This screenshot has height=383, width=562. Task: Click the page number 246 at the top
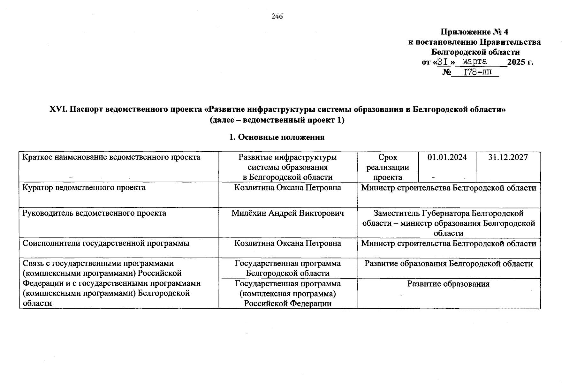tap(277, 17)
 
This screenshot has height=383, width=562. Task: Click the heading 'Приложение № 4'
tap(474, 32)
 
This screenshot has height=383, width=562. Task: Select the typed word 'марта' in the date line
tap(475, 61)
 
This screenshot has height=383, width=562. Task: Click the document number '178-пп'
tap(477, 72)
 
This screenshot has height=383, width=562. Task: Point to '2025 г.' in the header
tap(520, 62)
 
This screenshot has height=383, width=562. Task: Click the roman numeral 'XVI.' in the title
tap(58, 109)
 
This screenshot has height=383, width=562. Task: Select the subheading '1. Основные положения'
tap(277, 137)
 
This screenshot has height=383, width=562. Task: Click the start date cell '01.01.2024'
tap(447, 157)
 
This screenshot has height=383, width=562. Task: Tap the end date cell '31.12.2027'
tap(508, 157)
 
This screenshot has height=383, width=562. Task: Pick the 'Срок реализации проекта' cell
tap(387, 167)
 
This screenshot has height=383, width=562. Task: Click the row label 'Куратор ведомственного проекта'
tap(84, 188)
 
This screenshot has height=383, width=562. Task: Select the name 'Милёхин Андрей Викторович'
tap(288, 213)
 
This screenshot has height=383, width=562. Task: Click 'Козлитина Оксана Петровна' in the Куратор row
tap(287, 188)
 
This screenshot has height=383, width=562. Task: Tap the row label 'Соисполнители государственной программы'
tap(106, 244)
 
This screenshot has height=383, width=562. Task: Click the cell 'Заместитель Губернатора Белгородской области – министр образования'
tap(448, 223)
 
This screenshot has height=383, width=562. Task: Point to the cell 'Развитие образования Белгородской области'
tap(448, 264)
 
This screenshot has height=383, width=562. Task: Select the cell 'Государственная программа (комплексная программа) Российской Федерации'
tap(287, 294)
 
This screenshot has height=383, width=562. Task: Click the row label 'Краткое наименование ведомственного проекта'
tap(111, 157)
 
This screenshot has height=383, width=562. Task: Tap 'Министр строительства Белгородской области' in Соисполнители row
tap(448, 244)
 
